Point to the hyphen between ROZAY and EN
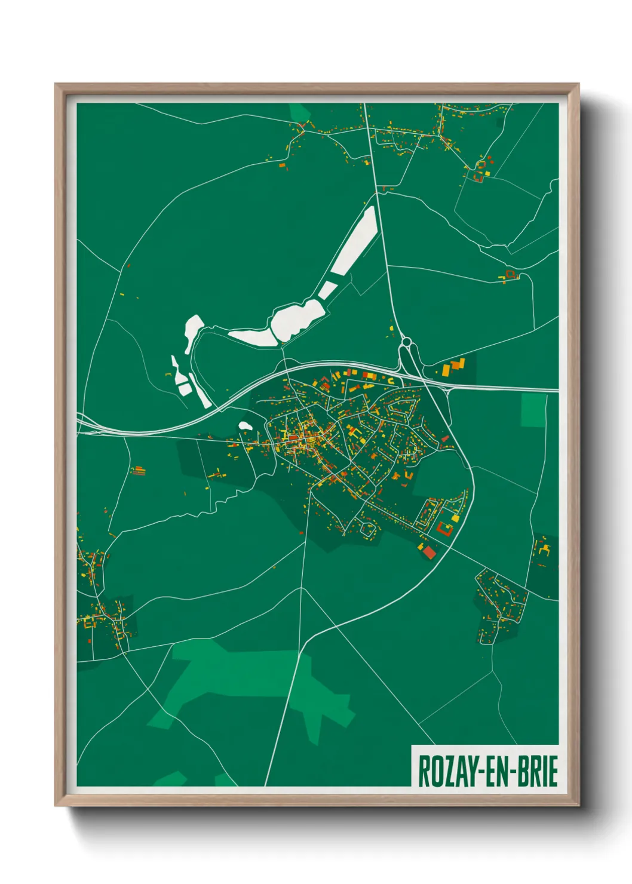click(471, 772)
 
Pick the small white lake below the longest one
click(327, 290)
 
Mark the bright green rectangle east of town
click(533, 410)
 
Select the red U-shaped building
click(444, 528)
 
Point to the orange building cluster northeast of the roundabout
click(455, 366)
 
